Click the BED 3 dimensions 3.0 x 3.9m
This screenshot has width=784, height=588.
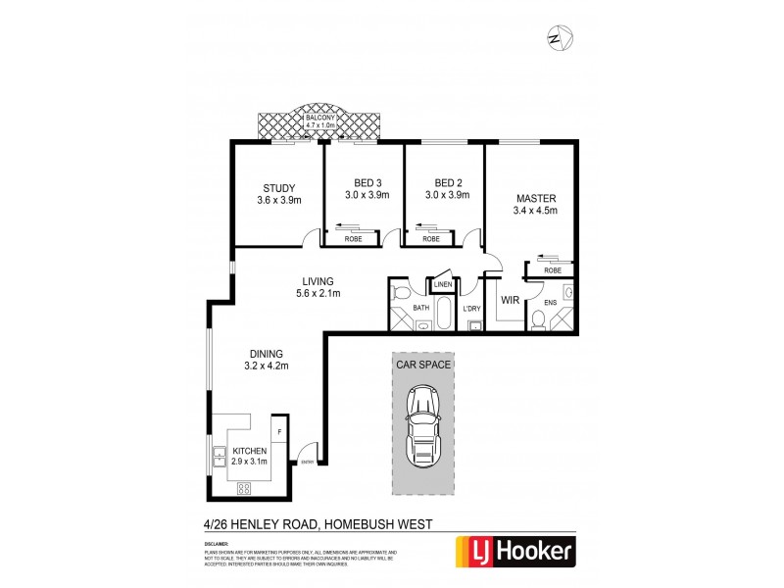pos(367,196)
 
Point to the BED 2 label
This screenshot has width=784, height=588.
pos(448,182)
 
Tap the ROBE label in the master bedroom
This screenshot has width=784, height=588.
pos(553,269)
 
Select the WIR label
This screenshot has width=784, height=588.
pos(510,300)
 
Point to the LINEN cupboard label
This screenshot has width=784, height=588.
pos(442,285)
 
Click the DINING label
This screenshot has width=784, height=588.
pos(266,354)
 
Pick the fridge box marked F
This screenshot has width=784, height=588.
pos(279,431)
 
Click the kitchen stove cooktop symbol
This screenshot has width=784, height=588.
pos(244,488)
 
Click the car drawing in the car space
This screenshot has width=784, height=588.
pos(424,425)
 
